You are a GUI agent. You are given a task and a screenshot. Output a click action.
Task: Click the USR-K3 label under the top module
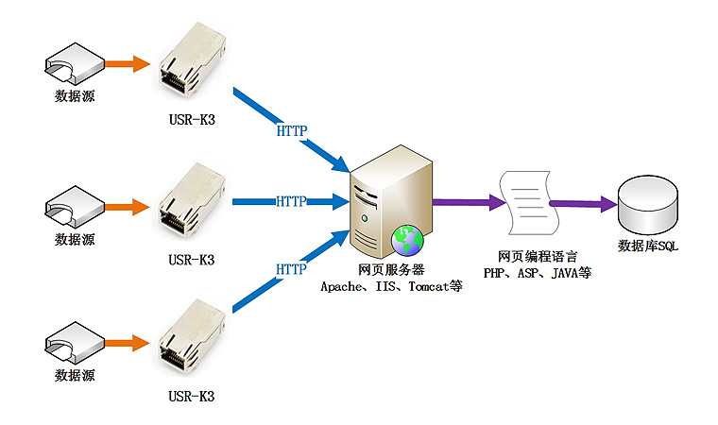click(192, 120)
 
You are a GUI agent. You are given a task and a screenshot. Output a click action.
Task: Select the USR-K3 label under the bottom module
click(192, 397)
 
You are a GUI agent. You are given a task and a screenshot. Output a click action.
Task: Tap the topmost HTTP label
click(291, 130)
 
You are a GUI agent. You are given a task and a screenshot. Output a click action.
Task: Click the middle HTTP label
click(291, 201)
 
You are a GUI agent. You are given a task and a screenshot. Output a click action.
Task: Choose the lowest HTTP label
click(291, 269)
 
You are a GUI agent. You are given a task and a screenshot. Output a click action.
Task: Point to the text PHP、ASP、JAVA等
click(537, 273)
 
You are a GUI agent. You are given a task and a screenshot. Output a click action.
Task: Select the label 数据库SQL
click(647, 246)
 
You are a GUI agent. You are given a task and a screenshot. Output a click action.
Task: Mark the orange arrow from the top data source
click(127, 65)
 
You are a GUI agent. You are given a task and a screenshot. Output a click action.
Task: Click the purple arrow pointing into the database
click(581, 203)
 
